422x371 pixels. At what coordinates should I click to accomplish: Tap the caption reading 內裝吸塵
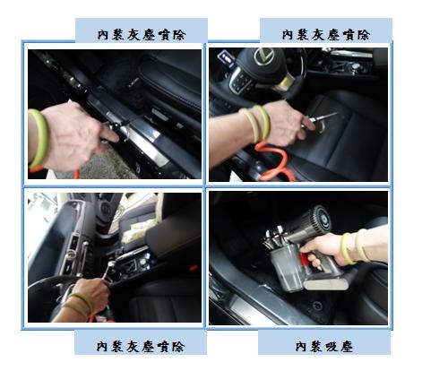click(x=324, y=347)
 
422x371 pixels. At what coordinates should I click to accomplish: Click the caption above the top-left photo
click(x=142, y=35)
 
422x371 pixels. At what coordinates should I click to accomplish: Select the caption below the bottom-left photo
click(x=141, y=347)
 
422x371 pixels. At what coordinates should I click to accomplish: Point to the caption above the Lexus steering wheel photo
click(x=326, y=35)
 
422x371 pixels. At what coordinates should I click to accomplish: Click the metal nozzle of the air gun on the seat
click(x=324, y=116)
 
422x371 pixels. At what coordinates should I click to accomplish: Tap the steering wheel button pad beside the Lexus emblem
click(x=240, y=81)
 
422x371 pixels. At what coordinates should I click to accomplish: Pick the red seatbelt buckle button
click(x=194, y=267)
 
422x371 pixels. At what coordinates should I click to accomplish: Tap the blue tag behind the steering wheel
click(x=227, y=59)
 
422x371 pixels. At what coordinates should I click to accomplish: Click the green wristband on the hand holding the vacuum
click(x=348, y=248)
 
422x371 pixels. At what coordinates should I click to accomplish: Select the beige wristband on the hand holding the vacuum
click(x=362, y=245)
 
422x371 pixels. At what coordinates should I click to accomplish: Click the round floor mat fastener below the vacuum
click(x=316, y=306)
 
